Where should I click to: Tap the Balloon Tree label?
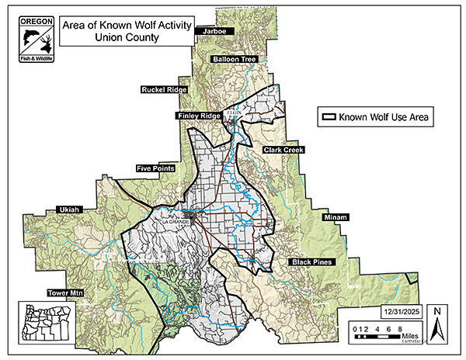click(234, 59)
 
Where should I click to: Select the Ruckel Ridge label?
click(163, 90)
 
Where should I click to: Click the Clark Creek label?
click(283, 149)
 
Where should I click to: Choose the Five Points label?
click(155, 168)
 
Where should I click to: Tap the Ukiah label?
click(70, 209)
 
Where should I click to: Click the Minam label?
click(336, 217)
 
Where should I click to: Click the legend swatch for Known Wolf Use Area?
click(329, 118)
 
